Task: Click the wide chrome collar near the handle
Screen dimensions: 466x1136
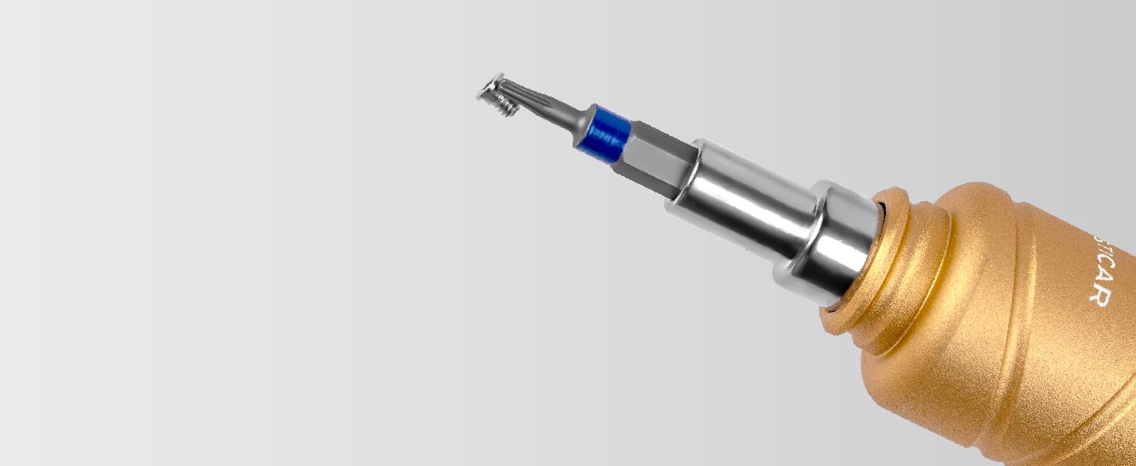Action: pyautogui.click(x=838, y=237)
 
